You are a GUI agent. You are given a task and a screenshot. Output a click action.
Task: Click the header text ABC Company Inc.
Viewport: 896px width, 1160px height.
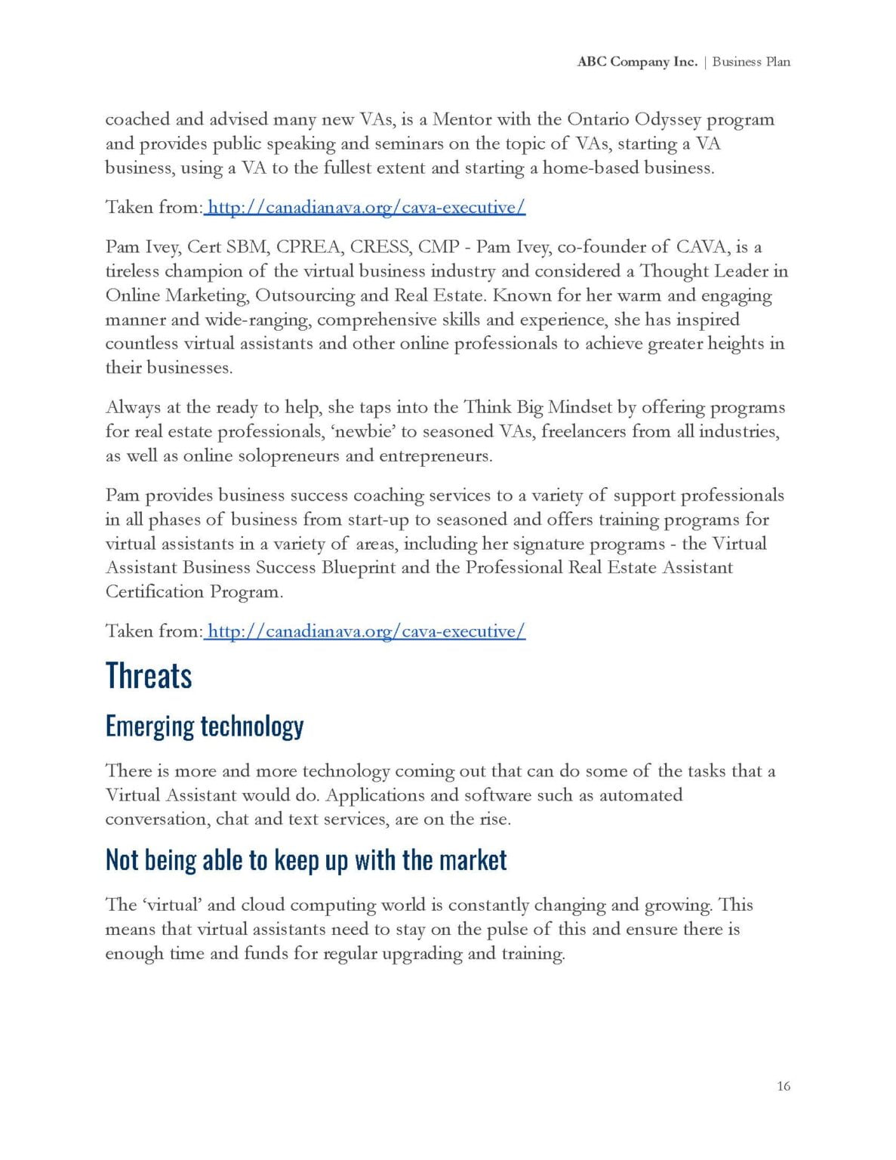click(637, 62)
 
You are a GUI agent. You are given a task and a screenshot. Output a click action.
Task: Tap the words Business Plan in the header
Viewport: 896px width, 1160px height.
click(751, 62)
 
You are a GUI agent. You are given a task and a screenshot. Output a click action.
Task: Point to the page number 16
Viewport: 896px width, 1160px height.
click(783, 1086)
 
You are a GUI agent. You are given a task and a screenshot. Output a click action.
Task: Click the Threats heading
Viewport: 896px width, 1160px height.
click(149, 675)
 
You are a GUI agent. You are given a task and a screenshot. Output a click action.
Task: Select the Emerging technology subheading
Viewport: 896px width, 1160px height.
click(205, 726)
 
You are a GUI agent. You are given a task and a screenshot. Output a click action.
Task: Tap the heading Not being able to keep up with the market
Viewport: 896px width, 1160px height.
click(306, 859)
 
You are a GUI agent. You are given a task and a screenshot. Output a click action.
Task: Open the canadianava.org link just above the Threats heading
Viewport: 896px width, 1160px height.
click(365, 631)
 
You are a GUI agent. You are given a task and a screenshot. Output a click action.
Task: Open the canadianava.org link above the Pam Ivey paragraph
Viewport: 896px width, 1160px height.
click(365, 207)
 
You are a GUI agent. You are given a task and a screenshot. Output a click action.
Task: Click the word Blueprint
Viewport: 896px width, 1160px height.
click(359, 567)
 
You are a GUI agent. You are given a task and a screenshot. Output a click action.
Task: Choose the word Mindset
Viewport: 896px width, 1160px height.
click(580, 407)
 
